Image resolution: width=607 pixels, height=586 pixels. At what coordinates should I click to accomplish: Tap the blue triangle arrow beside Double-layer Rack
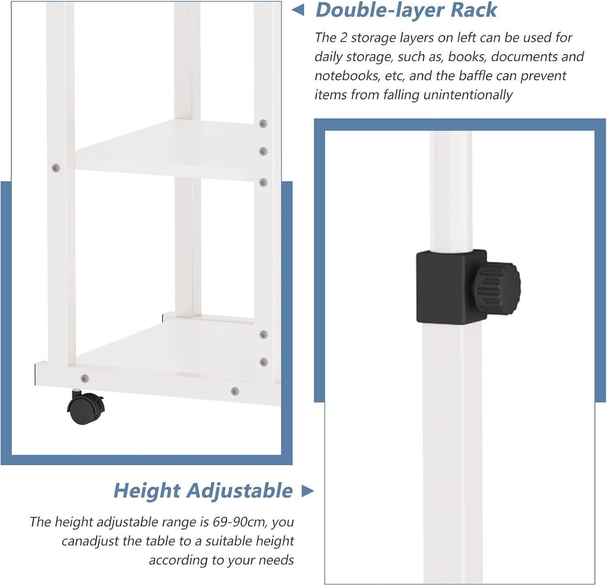(x=298, y=10)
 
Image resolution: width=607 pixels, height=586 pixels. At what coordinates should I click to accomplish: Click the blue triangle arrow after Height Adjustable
(x=308, y=491)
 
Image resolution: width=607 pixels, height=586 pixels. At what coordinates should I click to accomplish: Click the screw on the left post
(x=56, y=167)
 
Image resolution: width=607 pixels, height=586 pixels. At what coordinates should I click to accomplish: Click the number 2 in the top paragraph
(x=344, y=38)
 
